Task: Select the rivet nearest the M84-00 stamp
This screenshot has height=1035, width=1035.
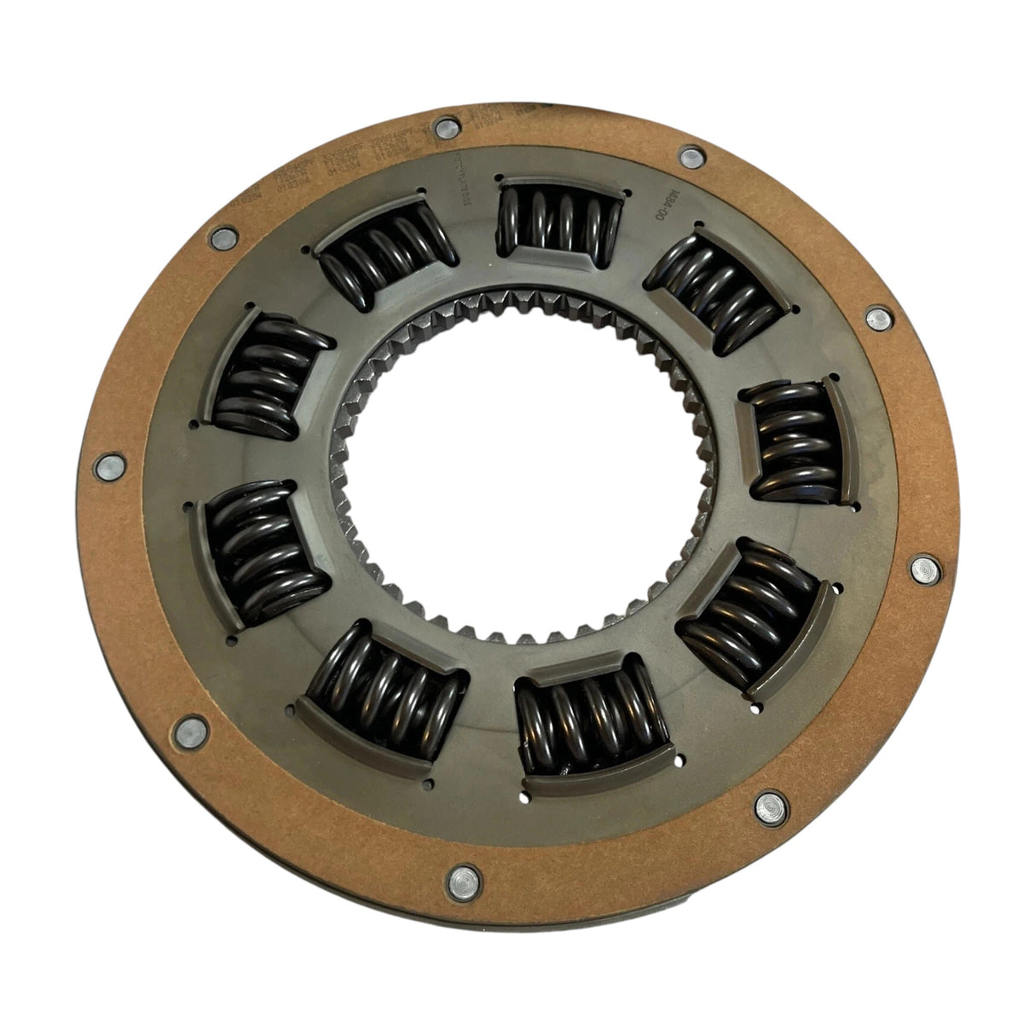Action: coord(686,157)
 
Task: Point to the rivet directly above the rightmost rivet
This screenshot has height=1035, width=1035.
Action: coord(877,319)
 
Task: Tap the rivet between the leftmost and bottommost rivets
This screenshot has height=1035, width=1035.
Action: coord(184,730)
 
